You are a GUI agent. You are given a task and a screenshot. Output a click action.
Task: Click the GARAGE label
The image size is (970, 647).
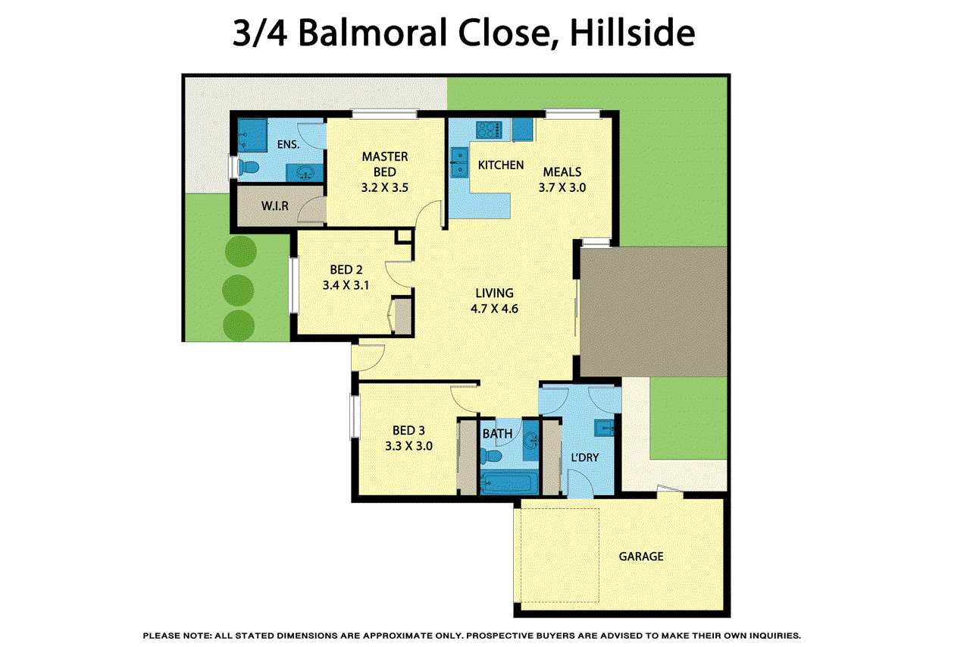[x=640, y=556]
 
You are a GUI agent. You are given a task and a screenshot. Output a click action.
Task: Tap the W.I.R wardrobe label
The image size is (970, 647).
[x=274, y=206]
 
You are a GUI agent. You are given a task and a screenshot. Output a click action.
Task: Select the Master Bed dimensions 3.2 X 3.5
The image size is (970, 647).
[x=384, y=188]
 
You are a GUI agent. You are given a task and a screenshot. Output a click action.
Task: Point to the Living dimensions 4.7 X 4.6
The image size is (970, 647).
[x=494, y=309]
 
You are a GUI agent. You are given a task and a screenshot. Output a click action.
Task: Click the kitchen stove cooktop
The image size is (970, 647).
[x=489, y=130]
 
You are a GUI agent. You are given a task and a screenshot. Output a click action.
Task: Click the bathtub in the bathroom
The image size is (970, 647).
[x=509, y=482]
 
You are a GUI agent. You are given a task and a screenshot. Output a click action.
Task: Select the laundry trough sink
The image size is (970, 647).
[x=603, y=428]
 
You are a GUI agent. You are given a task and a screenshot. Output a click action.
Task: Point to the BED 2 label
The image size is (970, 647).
[x=346, y=269]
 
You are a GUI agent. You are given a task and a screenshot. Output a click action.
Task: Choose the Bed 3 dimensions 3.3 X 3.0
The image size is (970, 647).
[x=408, y=446]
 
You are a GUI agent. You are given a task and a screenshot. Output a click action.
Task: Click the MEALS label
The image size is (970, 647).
[x=562, y=172]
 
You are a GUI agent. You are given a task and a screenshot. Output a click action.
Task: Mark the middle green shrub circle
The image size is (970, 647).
[x=239, y=287]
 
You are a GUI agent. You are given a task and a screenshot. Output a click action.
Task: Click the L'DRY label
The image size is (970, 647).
[x=584, y=458]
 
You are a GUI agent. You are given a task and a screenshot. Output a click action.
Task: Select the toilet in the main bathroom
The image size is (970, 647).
[x=492, y=456]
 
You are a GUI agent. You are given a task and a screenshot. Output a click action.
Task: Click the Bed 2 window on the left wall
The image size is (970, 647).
[x=293, y=285]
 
